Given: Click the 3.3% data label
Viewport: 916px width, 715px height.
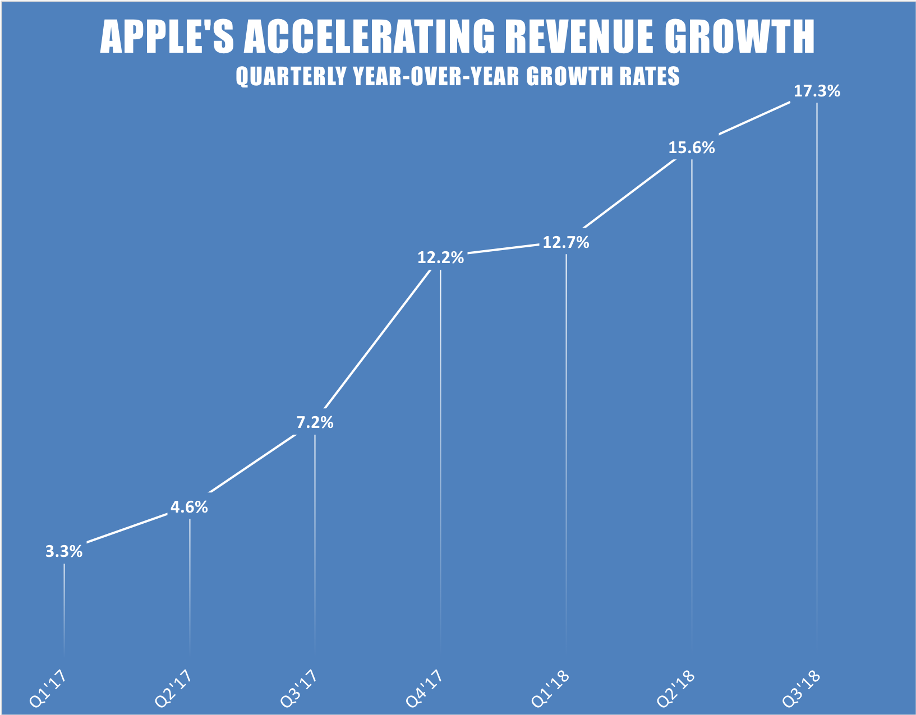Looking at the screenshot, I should tap(64, 552).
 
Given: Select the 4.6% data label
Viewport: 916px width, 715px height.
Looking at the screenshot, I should tap(189, 508).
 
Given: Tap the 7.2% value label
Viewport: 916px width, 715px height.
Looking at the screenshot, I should tap(315, 423).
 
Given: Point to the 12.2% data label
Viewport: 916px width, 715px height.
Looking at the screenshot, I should tap(440, 258).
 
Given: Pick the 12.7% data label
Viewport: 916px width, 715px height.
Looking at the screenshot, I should tap(566, 243).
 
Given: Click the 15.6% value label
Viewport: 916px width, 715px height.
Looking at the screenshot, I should tap(692, 148).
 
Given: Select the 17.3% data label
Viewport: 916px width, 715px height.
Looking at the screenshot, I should tap(817, 91).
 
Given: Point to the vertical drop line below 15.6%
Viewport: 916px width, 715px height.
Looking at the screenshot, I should tap(692, 393).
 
